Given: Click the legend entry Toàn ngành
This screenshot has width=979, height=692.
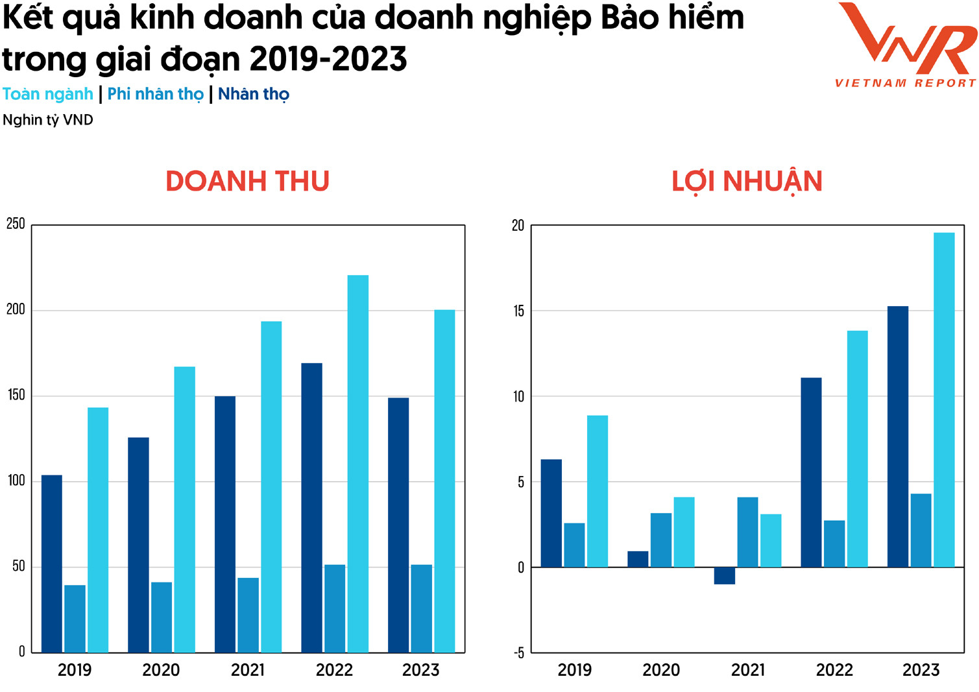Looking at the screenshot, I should click(x=48, y=95).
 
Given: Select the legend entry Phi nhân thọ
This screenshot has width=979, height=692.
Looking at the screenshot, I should click(x=155, y=95).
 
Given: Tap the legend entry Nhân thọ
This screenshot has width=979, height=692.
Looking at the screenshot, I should click(x=254, y=95).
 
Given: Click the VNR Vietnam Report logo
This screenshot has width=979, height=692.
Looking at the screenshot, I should click(x=906, y=45).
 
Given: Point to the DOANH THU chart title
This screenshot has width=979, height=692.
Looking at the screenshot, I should click(x=247, y=182).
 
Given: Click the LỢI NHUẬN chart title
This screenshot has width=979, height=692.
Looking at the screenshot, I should click(x=747, y=182).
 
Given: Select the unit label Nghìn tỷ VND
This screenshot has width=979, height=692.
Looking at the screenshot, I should click(x=48, y=120).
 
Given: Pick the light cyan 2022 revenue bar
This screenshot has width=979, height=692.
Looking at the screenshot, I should click(x=358, y=464).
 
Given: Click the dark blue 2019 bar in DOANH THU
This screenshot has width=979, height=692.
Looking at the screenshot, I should click(x=52, y=564).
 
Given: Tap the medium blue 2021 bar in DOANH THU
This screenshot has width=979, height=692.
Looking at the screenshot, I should click(x=248, y=615).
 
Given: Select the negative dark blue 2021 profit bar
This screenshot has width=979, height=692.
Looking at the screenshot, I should click(x=725, y=576).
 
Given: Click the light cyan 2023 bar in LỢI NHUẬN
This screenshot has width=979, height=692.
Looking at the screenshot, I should click(x=944, y=400).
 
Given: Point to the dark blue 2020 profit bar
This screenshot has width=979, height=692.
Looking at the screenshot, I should click(x=638, y=559).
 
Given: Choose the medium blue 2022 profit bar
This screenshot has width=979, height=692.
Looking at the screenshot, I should click(x=834, y=543).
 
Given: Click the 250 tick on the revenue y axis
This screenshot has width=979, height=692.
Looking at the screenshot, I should click(x=16, y=224).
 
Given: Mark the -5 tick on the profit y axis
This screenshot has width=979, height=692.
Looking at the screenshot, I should click(x=518, y=653).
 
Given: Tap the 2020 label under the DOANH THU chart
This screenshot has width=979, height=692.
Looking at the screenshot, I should click(x=161, y=670).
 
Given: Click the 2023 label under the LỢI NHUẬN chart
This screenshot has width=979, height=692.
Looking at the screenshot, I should click(x=921, y=670).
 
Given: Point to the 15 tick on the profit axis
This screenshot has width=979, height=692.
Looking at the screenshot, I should click(x=518, y=311).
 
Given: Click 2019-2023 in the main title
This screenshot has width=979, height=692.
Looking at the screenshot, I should click(x=328, y=60).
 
